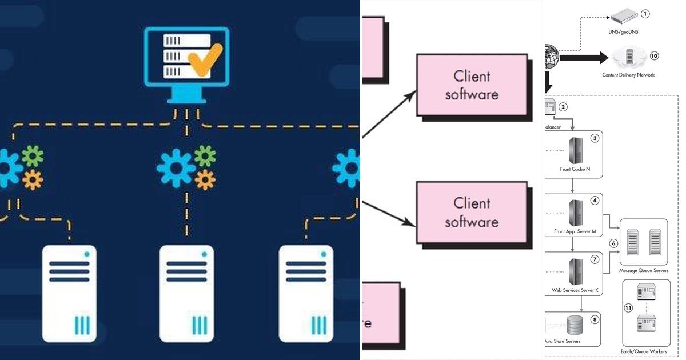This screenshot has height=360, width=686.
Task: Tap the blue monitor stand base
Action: [x=186, y=97]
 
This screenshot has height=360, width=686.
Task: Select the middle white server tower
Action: [x=186, y=293]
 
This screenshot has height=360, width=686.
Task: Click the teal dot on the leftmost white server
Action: [x=87, y=254]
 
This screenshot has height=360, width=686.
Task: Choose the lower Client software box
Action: [x=472, y=212]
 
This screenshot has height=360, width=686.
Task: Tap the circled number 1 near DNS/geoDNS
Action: [x=645, y=13]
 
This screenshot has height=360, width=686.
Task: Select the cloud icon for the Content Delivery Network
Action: [x=629, y=58]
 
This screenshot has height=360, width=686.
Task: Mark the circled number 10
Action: [x=654, y=55]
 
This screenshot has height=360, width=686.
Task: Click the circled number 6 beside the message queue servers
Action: [x=613, y=243]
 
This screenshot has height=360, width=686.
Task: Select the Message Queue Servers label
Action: [x=643, y=270]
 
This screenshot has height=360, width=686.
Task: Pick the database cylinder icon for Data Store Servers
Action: [x=575, y=326]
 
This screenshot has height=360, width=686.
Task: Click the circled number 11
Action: [x=628, y=308]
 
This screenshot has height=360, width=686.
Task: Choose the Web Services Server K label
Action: [x=575, y=290]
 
